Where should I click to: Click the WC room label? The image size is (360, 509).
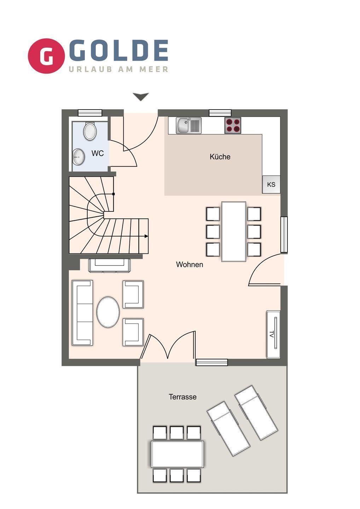pos(98,153)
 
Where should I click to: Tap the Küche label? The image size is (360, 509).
pos(220,157)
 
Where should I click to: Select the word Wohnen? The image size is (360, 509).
pos(190,264)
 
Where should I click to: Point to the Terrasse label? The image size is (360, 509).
pos(182,397)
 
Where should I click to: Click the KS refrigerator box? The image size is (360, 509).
pos(271,184)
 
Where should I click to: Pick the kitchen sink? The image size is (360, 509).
pos(188,125)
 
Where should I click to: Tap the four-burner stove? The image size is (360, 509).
pos(233,125)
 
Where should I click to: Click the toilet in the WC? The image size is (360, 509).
pos(89,131)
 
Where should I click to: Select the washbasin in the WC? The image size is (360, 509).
pos(79,157)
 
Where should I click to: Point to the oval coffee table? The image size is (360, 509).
pos(108,312)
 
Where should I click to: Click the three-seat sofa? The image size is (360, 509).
pos(82,313)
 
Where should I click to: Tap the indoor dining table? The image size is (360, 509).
pos(234,232)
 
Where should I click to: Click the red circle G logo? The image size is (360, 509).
pos(46,56)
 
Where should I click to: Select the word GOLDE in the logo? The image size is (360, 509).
pos(118,51)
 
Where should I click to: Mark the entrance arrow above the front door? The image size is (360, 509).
pos(141,96)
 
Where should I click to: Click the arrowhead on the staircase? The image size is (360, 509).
pos(146,236)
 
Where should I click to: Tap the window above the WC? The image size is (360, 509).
pos(90,113)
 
